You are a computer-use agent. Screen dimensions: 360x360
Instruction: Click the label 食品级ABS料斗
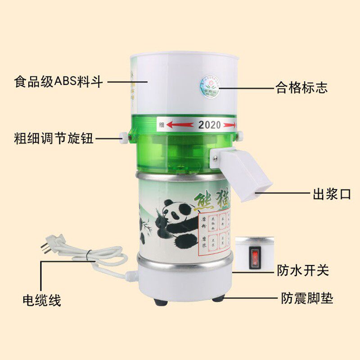pyautogui.click(x=58, y=82)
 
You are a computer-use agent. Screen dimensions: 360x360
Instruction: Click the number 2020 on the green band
pyautogui.click(x=210, y=125)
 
